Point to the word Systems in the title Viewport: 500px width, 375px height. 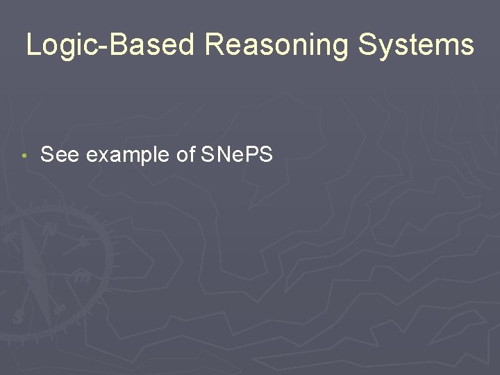(x=416, y=46)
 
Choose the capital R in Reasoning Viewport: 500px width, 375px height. (x=215, y=46)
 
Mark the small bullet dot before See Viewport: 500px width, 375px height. (x=24, y=156)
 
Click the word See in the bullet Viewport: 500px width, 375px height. (x=60, y=155)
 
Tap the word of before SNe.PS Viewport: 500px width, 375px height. (x=185, y=155)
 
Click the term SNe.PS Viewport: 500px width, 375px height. (x=236, y=155)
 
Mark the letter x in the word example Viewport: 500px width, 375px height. (x=99, y=156)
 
